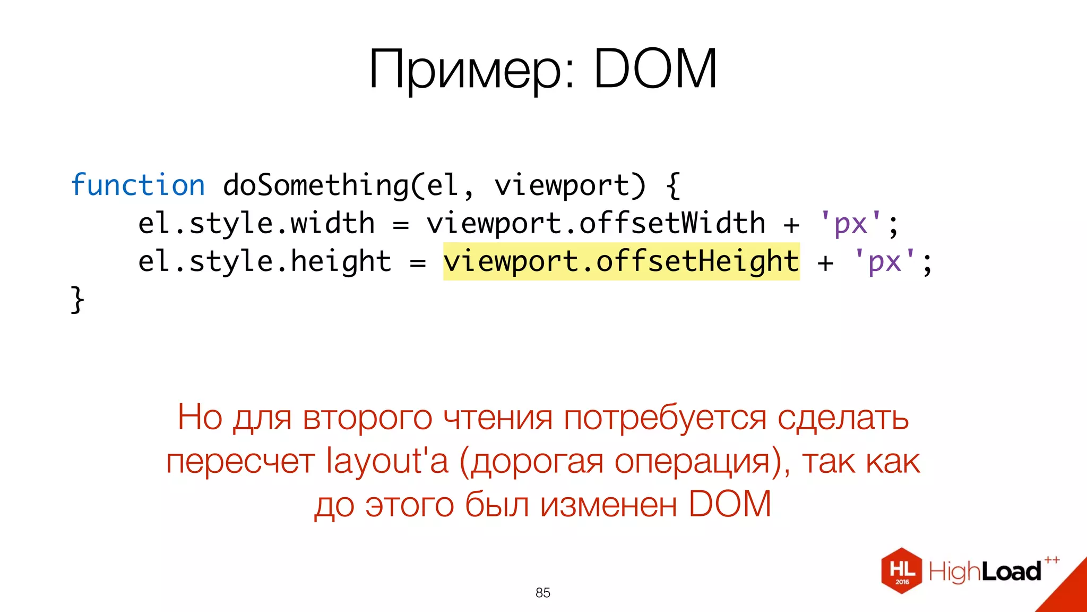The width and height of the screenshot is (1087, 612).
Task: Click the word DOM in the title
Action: tap(655, 69)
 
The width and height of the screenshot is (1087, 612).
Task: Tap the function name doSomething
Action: tap(315, 185)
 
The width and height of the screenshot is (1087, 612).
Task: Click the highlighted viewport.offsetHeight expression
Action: tap(621, 261)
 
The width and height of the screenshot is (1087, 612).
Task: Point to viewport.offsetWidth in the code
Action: tap(596, 223)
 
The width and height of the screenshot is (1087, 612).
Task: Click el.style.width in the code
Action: tap(256, 223)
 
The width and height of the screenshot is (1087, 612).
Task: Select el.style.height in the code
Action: tap(265, 261)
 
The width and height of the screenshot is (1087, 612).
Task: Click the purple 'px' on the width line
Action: tap(851, 223)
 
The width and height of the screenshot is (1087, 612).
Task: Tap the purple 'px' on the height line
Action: tap(885, 261)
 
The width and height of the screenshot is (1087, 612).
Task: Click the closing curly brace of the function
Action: tap(77, 300)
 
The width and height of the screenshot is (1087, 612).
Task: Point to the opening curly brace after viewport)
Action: tap(672, 185)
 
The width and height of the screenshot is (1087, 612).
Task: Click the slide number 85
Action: tap(543, 593)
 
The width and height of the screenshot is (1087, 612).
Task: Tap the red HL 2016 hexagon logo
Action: tap(902, 571)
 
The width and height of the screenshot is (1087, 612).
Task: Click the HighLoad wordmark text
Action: tap(985, 572)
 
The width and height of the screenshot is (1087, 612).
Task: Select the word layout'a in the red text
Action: tap(387, 461)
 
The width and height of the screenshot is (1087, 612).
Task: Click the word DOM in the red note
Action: tap(730, 504)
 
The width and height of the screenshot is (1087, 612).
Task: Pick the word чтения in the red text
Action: tap(498, 418)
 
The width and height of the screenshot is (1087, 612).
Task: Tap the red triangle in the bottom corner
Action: tap(1067, 592)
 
